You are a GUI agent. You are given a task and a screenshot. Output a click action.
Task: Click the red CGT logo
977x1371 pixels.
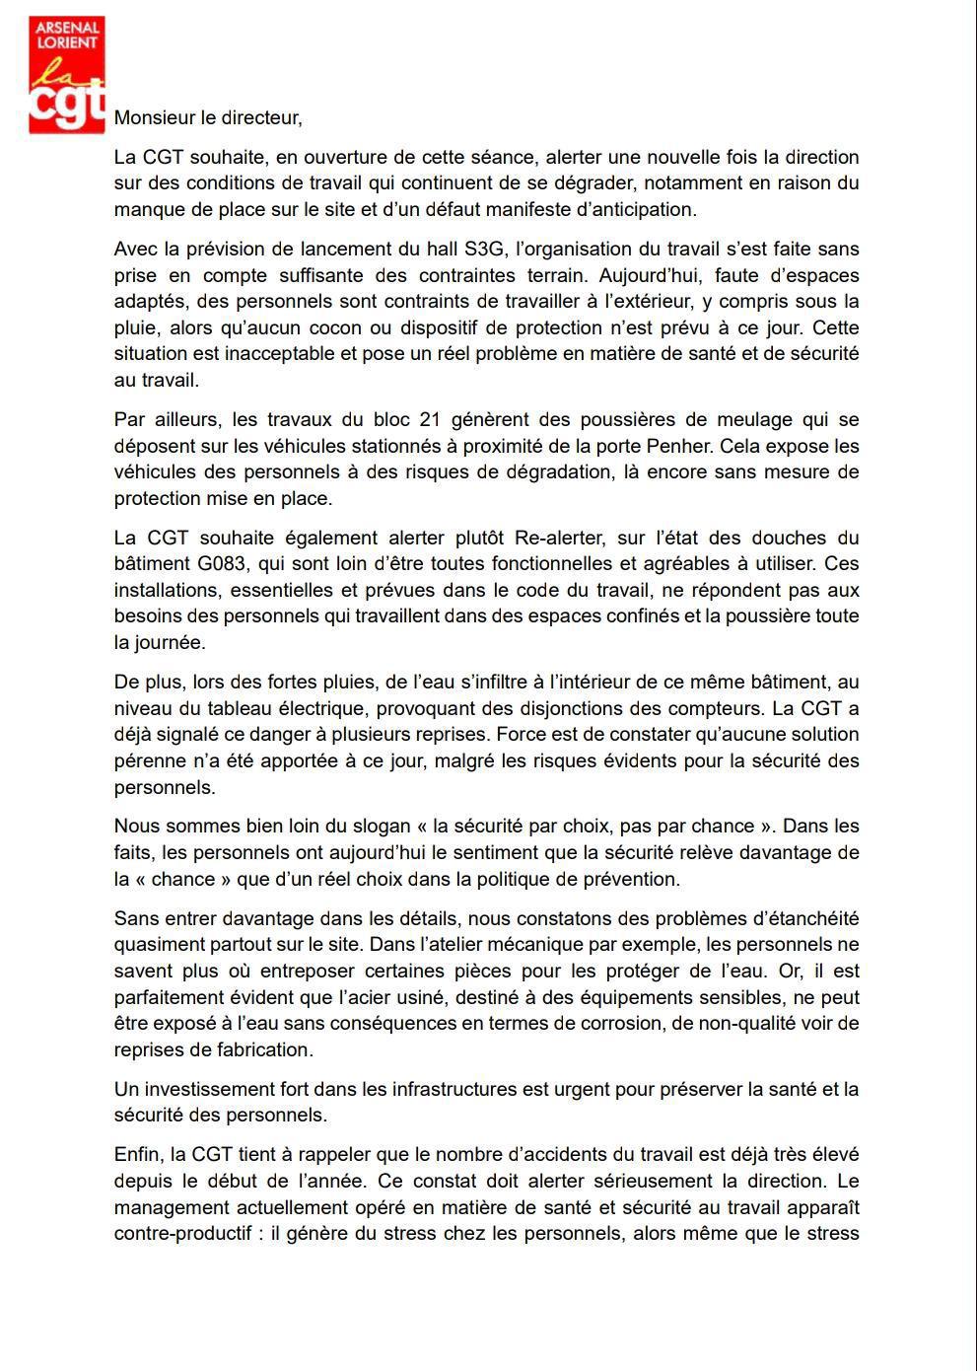tap(66, 74)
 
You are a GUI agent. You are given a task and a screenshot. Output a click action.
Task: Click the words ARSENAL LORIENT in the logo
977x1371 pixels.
tap(66, 36)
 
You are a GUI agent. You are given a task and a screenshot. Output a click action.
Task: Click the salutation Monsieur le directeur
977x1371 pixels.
tap(208, 117)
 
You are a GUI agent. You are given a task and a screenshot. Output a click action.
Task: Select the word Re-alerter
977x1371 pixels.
tap(558, 538)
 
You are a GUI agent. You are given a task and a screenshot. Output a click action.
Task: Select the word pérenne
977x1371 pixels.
tap(148, 760)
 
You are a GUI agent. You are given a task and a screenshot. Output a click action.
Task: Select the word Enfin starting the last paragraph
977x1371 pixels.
tap(136, 1154)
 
